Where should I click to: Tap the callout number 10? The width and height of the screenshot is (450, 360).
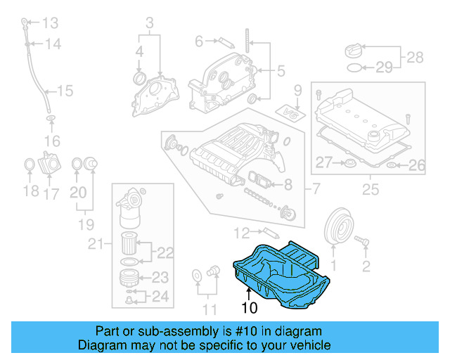pos(250,307)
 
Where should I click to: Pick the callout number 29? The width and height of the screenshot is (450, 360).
pos(383,67)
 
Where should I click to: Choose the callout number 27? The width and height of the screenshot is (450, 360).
pos(323,163)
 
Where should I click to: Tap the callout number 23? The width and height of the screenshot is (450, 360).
pos(160,277)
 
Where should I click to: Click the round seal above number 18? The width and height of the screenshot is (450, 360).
pos(30,165)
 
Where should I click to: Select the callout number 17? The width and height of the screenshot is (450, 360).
pos(51,192)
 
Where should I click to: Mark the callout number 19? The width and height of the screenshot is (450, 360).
pos(85,225)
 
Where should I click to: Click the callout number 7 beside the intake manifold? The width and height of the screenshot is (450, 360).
pos(316,189)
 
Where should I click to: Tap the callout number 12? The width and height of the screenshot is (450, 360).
pos(240,231)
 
